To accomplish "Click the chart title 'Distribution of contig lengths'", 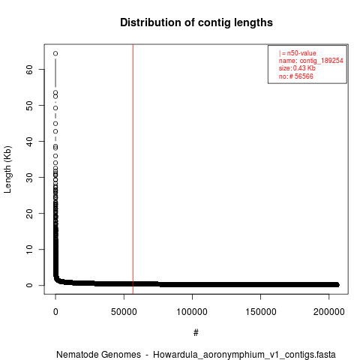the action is click(196, 22).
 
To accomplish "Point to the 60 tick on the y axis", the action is click(29, 69).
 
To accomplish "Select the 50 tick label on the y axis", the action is click(29, 105).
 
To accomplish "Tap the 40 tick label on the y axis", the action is click(29, 141).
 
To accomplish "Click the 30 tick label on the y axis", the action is click(29, 177).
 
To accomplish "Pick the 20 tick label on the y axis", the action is click(29, 213).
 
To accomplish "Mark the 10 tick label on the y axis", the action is click(29, 249).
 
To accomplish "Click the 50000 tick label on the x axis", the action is click(124, 312).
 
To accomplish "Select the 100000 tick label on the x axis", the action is click(192, 312).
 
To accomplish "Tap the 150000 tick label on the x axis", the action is click(261, 312).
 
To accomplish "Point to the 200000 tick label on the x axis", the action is click(329, 312).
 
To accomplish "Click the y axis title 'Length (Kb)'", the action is click(7, 169).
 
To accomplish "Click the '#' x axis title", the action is click(196, 333).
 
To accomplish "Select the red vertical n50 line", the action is click(133, 169).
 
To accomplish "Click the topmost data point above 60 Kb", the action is click(55, 53).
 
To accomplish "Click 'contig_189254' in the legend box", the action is click(322, 61).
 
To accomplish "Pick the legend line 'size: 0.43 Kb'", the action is click(297, 68).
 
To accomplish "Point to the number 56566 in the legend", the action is click(304, 76).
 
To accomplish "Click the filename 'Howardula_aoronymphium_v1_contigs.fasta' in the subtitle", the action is click(244, 355).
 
